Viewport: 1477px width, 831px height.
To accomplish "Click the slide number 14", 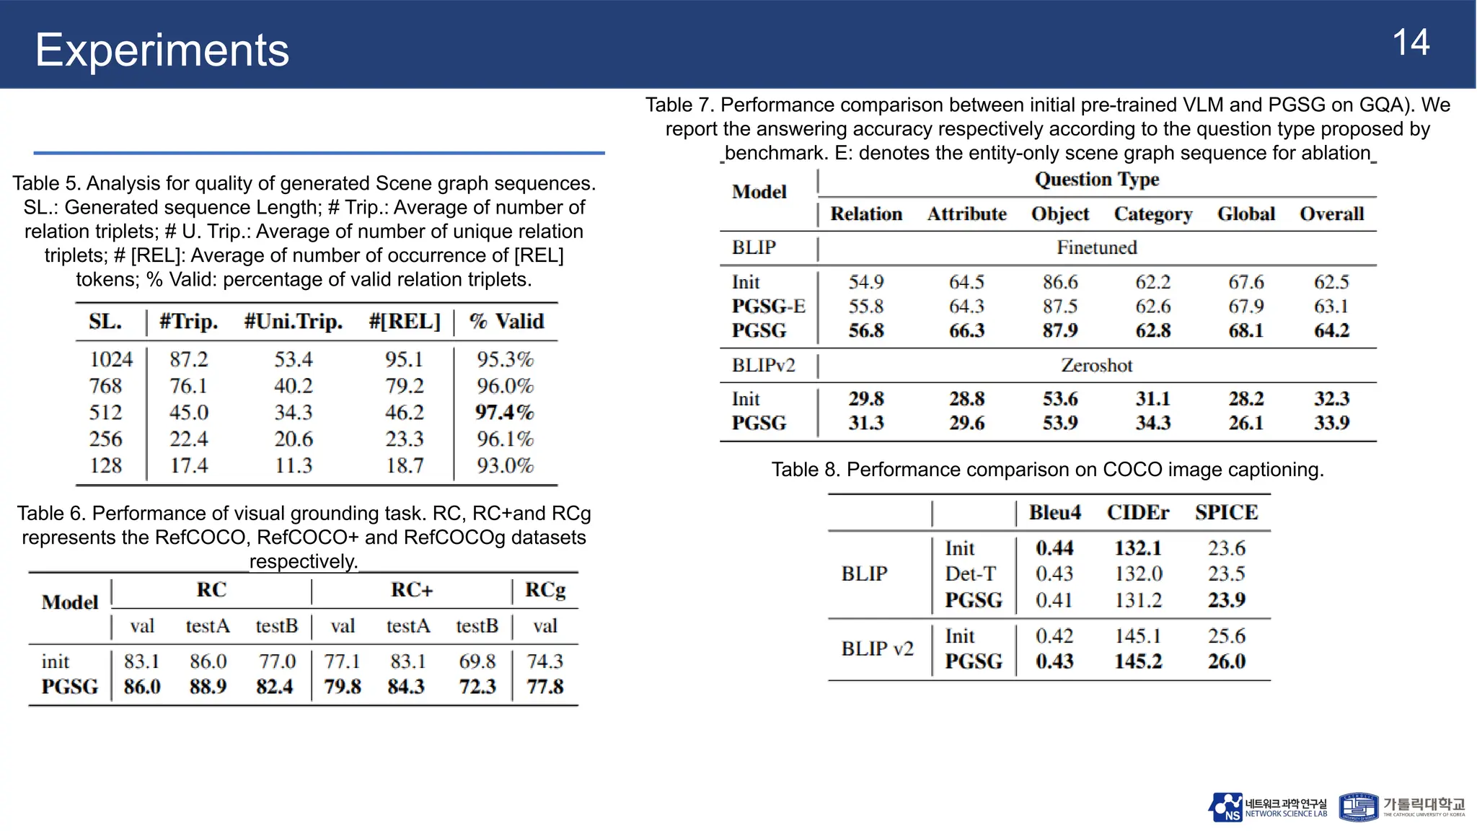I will pos(1410,43).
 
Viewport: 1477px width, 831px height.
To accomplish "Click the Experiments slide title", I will pos(162,50).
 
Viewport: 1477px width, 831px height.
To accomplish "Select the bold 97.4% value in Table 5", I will pos(504,413).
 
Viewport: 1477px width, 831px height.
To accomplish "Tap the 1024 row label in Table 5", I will pos(111,359).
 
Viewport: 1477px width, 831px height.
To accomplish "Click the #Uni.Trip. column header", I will pos(294,322).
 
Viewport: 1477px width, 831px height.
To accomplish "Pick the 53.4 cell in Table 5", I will pos(293,359).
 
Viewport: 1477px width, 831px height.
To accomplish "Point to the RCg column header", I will pos(545,590).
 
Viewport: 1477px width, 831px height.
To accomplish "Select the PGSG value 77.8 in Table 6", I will pos(544,687).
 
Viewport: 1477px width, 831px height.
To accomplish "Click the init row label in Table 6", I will pos(56,661).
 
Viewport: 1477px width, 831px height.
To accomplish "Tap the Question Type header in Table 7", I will pos(1096,180).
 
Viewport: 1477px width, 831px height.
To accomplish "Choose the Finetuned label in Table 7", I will pos(1096,248).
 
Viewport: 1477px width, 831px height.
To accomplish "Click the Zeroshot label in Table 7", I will pos(1096,366).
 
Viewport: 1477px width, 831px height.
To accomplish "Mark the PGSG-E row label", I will pos(768,307).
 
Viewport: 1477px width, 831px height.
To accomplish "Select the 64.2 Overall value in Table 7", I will pos(1331,331).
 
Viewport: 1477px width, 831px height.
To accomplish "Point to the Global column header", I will pos(1245,214).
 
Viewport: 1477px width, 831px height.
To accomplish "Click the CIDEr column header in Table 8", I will pos(1137,513).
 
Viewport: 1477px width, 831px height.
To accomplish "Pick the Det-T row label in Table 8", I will pos(970,574).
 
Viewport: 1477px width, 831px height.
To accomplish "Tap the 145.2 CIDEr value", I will pos(1137,661).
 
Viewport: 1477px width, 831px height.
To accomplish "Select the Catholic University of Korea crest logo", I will pos(1359,807).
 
